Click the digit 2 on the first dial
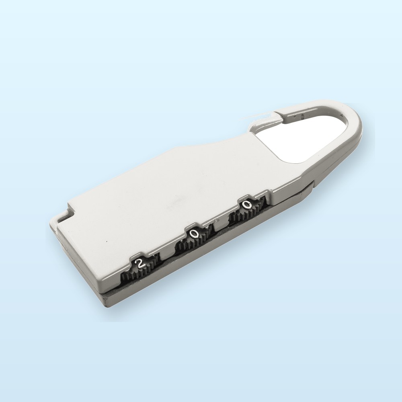[140, 264]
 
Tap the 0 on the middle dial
[195, 234]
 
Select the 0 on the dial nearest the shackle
[246, 205]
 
